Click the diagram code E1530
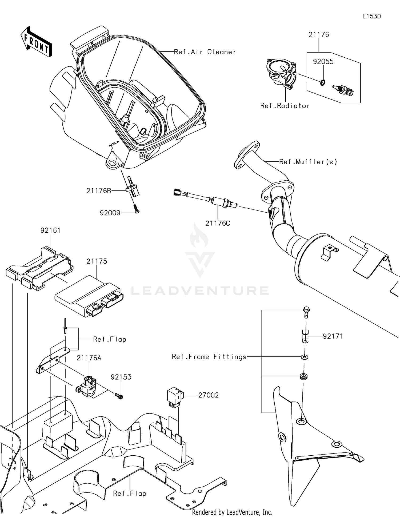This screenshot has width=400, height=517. click(371, 16)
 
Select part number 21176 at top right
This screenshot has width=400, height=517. click(319, 35)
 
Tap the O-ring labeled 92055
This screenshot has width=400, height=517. click(322, 82)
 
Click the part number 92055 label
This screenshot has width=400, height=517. click(323, 62)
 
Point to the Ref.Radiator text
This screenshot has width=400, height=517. click(285, 106)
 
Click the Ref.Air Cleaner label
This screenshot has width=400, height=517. click(205, 52)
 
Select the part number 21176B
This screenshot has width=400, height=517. click(98, 191)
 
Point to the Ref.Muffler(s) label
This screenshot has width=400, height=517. click(308, 162)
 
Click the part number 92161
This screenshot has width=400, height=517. click(50, 230)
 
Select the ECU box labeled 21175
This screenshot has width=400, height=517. click(88, 296)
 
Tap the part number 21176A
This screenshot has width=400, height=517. click(89, 358)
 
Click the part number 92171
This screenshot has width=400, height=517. click(333, 336)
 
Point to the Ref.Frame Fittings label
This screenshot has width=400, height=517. click(209, 357)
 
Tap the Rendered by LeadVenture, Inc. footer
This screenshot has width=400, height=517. click(232, 512)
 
